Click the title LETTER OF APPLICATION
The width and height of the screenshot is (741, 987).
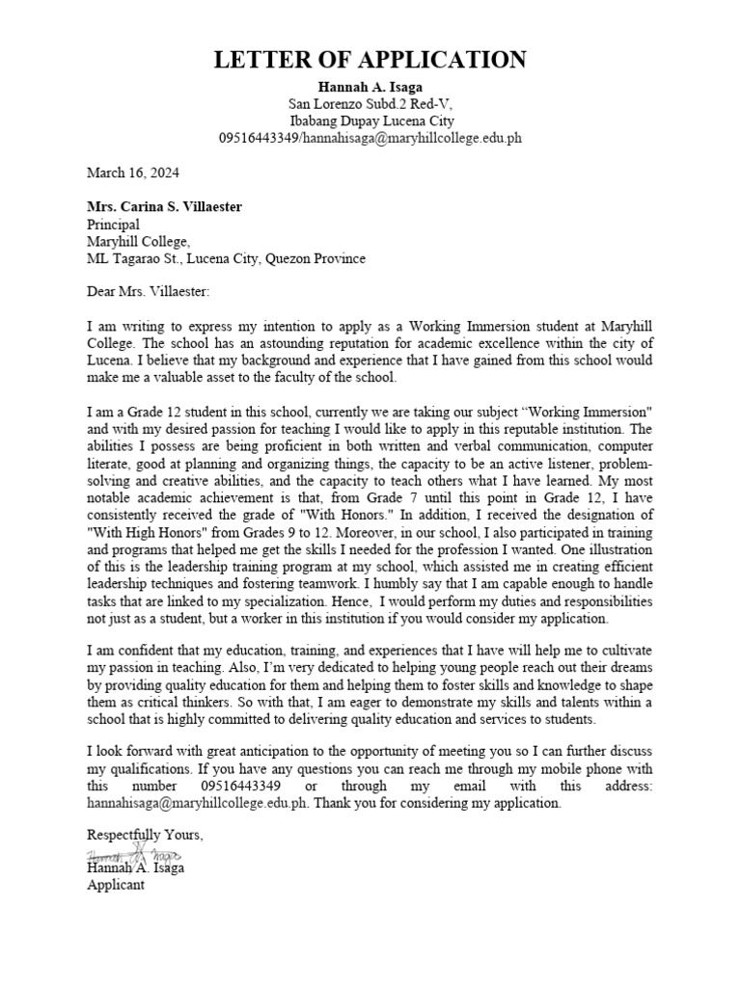(x=370, y=60)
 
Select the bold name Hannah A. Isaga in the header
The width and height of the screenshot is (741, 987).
(x=370, y=87)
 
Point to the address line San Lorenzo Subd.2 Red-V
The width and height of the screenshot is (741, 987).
(x=370, y=104)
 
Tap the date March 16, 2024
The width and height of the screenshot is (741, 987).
(x=132, y=173)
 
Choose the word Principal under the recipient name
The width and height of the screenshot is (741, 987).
(x=113, y=225)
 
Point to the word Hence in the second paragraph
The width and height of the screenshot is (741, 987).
(x=366, y=601)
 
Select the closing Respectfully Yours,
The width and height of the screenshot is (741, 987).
(x=146, y=836)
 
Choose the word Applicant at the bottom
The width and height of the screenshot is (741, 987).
(x=116, y=884)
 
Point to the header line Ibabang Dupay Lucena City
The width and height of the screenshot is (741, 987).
(x=370, y=121)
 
